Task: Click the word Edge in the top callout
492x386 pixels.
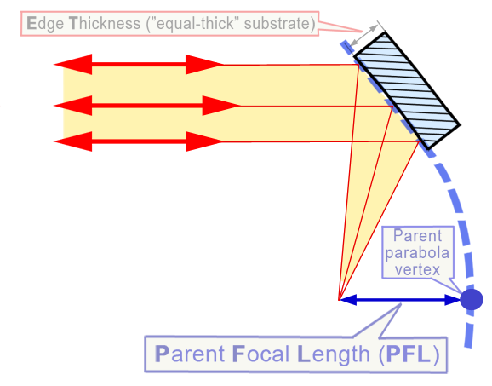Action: (x=45, y=24)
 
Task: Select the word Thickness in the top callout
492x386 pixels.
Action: (x=105, y=24)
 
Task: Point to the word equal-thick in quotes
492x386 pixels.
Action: (x=195, y=24)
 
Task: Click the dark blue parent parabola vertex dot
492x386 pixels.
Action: (x=472, y=300)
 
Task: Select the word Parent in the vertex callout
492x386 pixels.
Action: (x=417, y=235)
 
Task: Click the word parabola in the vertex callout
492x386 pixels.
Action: (x=417, y=253)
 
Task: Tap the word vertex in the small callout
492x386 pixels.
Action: (x=417, y=269)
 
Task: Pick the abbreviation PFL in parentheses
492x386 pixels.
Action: (x=409, y=354)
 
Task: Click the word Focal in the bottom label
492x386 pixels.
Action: (x=260, y=354)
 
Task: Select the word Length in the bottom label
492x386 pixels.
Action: (x=333, y=355)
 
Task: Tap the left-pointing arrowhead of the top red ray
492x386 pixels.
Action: (x=73, y=65)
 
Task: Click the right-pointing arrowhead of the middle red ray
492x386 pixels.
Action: (x=221, y=106)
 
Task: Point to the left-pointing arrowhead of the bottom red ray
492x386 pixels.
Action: (x=73, y=141)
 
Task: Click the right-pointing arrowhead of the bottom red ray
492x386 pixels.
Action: (x=204, y=141)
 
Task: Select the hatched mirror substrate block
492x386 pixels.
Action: (x=407, y=90)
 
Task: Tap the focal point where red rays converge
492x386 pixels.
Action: (x=339, y=300)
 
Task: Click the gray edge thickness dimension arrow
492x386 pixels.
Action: (x=364, y=36)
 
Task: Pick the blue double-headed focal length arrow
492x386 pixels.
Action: (x=400, y=300)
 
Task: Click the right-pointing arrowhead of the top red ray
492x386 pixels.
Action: (x=204, y=65)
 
